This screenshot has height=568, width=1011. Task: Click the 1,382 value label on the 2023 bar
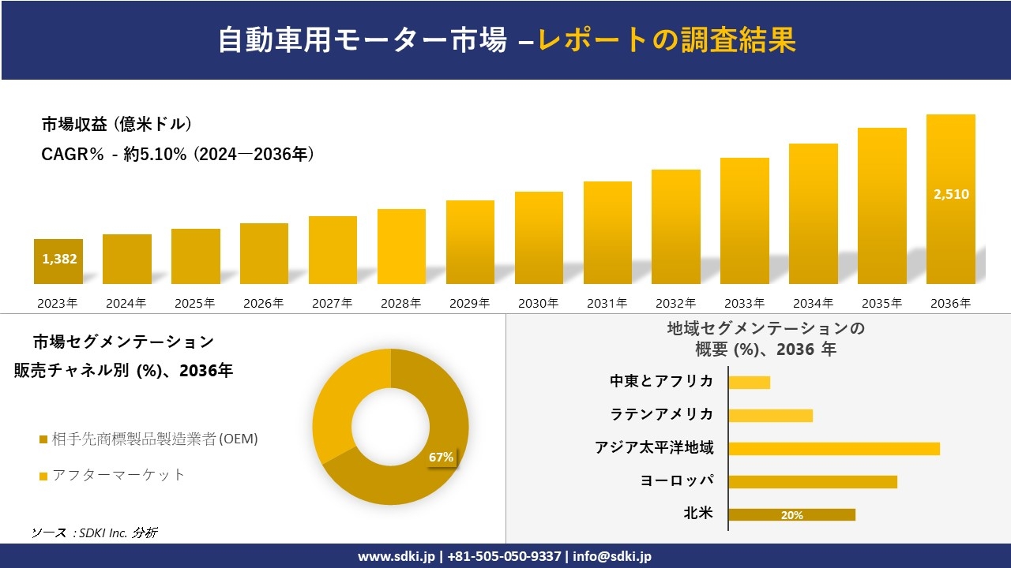pos(58,259)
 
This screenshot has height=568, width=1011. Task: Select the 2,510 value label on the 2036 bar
pos(951,195)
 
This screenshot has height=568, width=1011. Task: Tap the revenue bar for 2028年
pos(401,247)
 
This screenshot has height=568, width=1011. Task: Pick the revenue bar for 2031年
pos(607,234)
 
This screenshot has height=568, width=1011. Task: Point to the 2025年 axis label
pos(195,303)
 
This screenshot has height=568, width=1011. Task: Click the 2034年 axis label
pos(813,303)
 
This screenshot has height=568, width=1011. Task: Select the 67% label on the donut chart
pos(441,458)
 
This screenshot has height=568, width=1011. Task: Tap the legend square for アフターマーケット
pos(43,476)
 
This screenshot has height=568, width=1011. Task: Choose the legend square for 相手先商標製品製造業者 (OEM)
pos(43,439)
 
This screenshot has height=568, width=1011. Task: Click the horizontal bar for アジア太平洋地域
pos(834,449)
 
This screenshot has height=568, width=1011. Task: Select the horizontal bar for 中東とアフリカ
pos(749,383)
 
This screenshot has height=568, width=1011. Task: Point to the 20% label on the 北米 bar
pos(791,515)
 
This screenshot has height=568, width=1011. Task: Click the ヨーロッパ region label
pos(677,481)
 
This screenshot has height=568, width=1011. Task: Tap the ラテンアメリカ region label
pos(662,415)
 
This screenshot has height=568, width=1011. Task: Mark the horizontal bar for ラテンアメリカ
pos(770,416)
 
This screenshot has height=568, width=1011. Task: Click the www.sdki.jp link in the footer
pos(396,556)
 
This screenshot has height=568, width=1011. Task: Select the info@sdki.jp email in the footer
pos(613,556)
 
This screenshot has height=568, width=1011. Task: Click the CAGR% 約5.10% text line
pos(179,155)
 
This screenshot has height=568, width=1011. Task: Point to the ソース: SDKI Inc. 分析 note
pos(94,532)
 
